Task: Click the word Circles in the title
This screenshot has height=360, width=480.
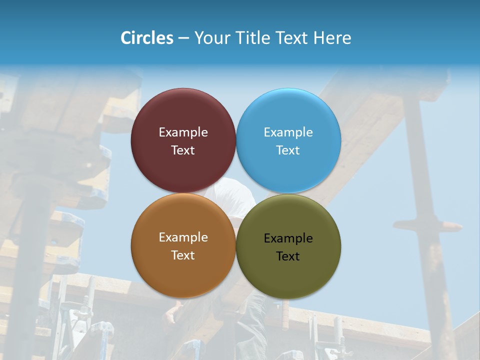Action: point(146,38)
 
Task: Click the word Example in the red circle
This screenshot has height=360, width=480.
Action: point(183,132)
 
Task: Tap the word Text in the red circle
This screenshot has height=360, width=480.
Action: point(183,150)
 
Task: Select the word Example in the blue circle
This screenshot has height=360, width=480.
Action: point(288,132)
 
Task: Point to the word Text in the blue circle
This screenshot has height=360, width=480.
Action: point(288,150)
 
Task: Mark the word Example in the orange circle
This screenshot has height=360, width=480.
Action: point(183,237)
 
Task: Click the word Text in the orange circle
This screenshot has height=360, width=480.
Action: point(183,255)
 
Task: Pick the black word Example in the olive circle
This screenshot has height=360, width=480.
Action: point(288,238)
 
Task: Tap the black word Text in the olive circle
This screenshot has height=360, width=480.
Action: point(288,256)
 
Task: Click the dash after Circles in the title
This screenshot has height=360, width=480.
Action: point(183,38)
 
